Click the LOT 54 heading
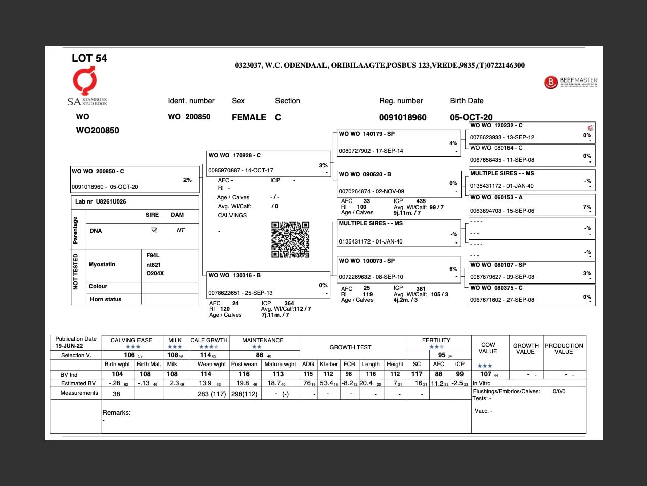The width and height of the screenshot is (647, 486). (89, 58)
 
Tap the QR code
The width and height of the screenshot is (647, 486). (290, 239)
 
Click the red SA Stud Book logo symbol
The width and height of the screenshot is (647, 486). (85, 81)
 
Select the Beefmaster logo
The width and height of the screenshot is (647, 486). (571, 82)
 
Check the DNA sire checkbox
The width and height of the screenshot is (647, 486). (154, 230)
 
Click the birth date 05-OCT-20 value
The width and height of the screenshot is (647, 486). (471, 117)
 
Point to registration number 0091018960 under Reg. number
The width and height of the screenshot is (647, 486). (403, 117)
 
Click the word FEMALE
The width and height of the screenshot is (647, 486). (249, 117)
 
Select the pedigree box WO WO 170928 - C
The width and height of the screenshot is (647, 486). (268, 163)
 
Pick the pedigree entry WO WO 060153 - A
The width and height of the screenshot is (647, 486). (532, 204)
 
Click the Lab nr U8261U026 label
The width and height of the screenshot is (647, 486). (101, 201)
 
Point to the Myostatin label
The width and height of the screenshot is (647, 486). (102, 264)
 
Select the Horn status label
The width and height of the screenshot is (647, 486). (106, 299)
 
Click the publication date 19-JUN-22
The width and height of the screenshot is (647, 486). (69, 346)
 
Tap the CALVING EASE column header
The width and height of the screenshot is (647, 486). (131, 340)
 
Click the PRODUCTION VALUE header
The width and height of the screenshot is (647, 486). (564, 349)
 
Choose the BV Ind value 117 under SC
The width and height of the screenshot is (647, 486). (417, 374)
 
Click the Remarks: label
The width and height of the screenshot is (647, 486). (116, 413)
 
